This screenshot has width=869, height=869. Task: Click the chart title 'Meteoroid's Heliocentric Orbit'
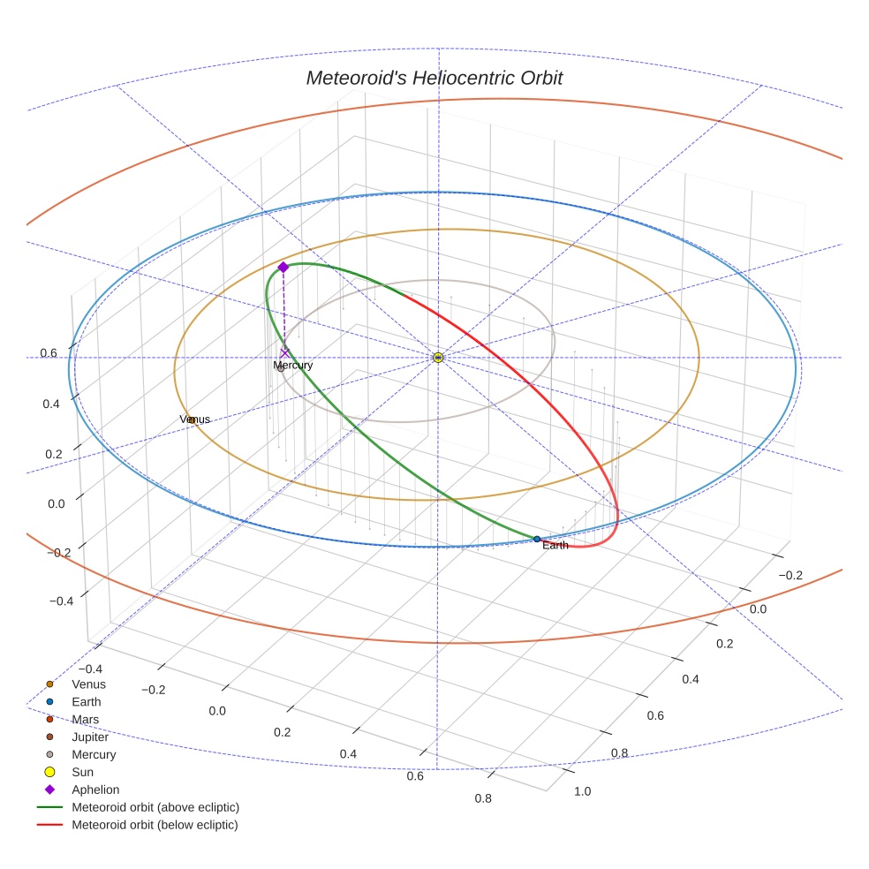point(434,78)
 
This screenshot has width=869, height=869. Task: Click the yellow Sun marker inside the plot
point(438,357)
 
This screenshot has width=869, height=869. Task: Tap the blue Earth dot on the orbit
point(537,539)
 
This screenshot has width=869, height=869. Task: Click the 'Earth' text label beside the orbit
point(555,546)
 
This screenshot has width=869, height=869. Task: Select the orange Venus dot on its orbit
point(192,419)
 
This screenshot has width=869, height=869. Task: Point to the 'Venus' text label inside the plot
point(196,419)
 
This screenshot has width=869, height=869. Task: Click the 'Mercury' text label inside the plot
point(292,365)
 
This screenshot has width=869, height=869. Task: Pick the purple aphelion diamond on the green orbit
point(283,267)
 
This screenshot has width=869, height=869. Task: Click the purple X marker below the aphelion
point(283,352)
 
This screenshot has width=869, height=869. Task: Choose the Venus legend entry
point(88,684)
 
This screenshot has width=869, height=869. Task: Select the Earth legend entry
point(86,701)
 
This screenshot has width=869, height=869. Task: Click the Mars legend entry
point(86,719)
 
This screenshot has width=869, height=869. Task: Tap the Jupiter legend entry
point(90,737)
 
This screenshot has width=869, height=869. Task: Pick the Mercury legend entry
point(94,754)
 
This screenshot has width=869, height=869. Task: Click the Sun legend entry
point(82,772)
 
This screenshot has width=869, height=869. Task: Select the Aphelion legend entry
point(95,790)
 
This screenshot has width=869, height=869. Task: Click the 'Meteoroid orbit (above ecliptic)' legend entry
point(155,807)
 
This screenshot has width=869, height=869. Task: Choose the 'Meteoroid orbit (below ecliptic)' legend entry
point(155,825)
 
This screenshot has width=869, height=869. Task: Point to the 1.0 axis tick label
point(582,791)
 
